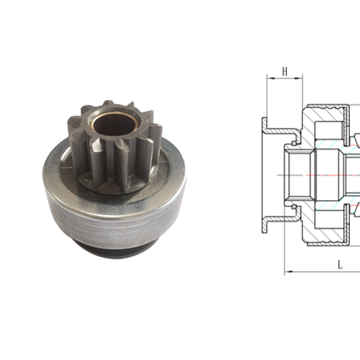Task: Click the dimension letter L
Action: (338, 266)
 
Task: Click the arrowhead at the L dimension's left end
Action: (288, 271)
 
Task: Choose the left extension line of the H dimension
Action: (267, 94)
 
